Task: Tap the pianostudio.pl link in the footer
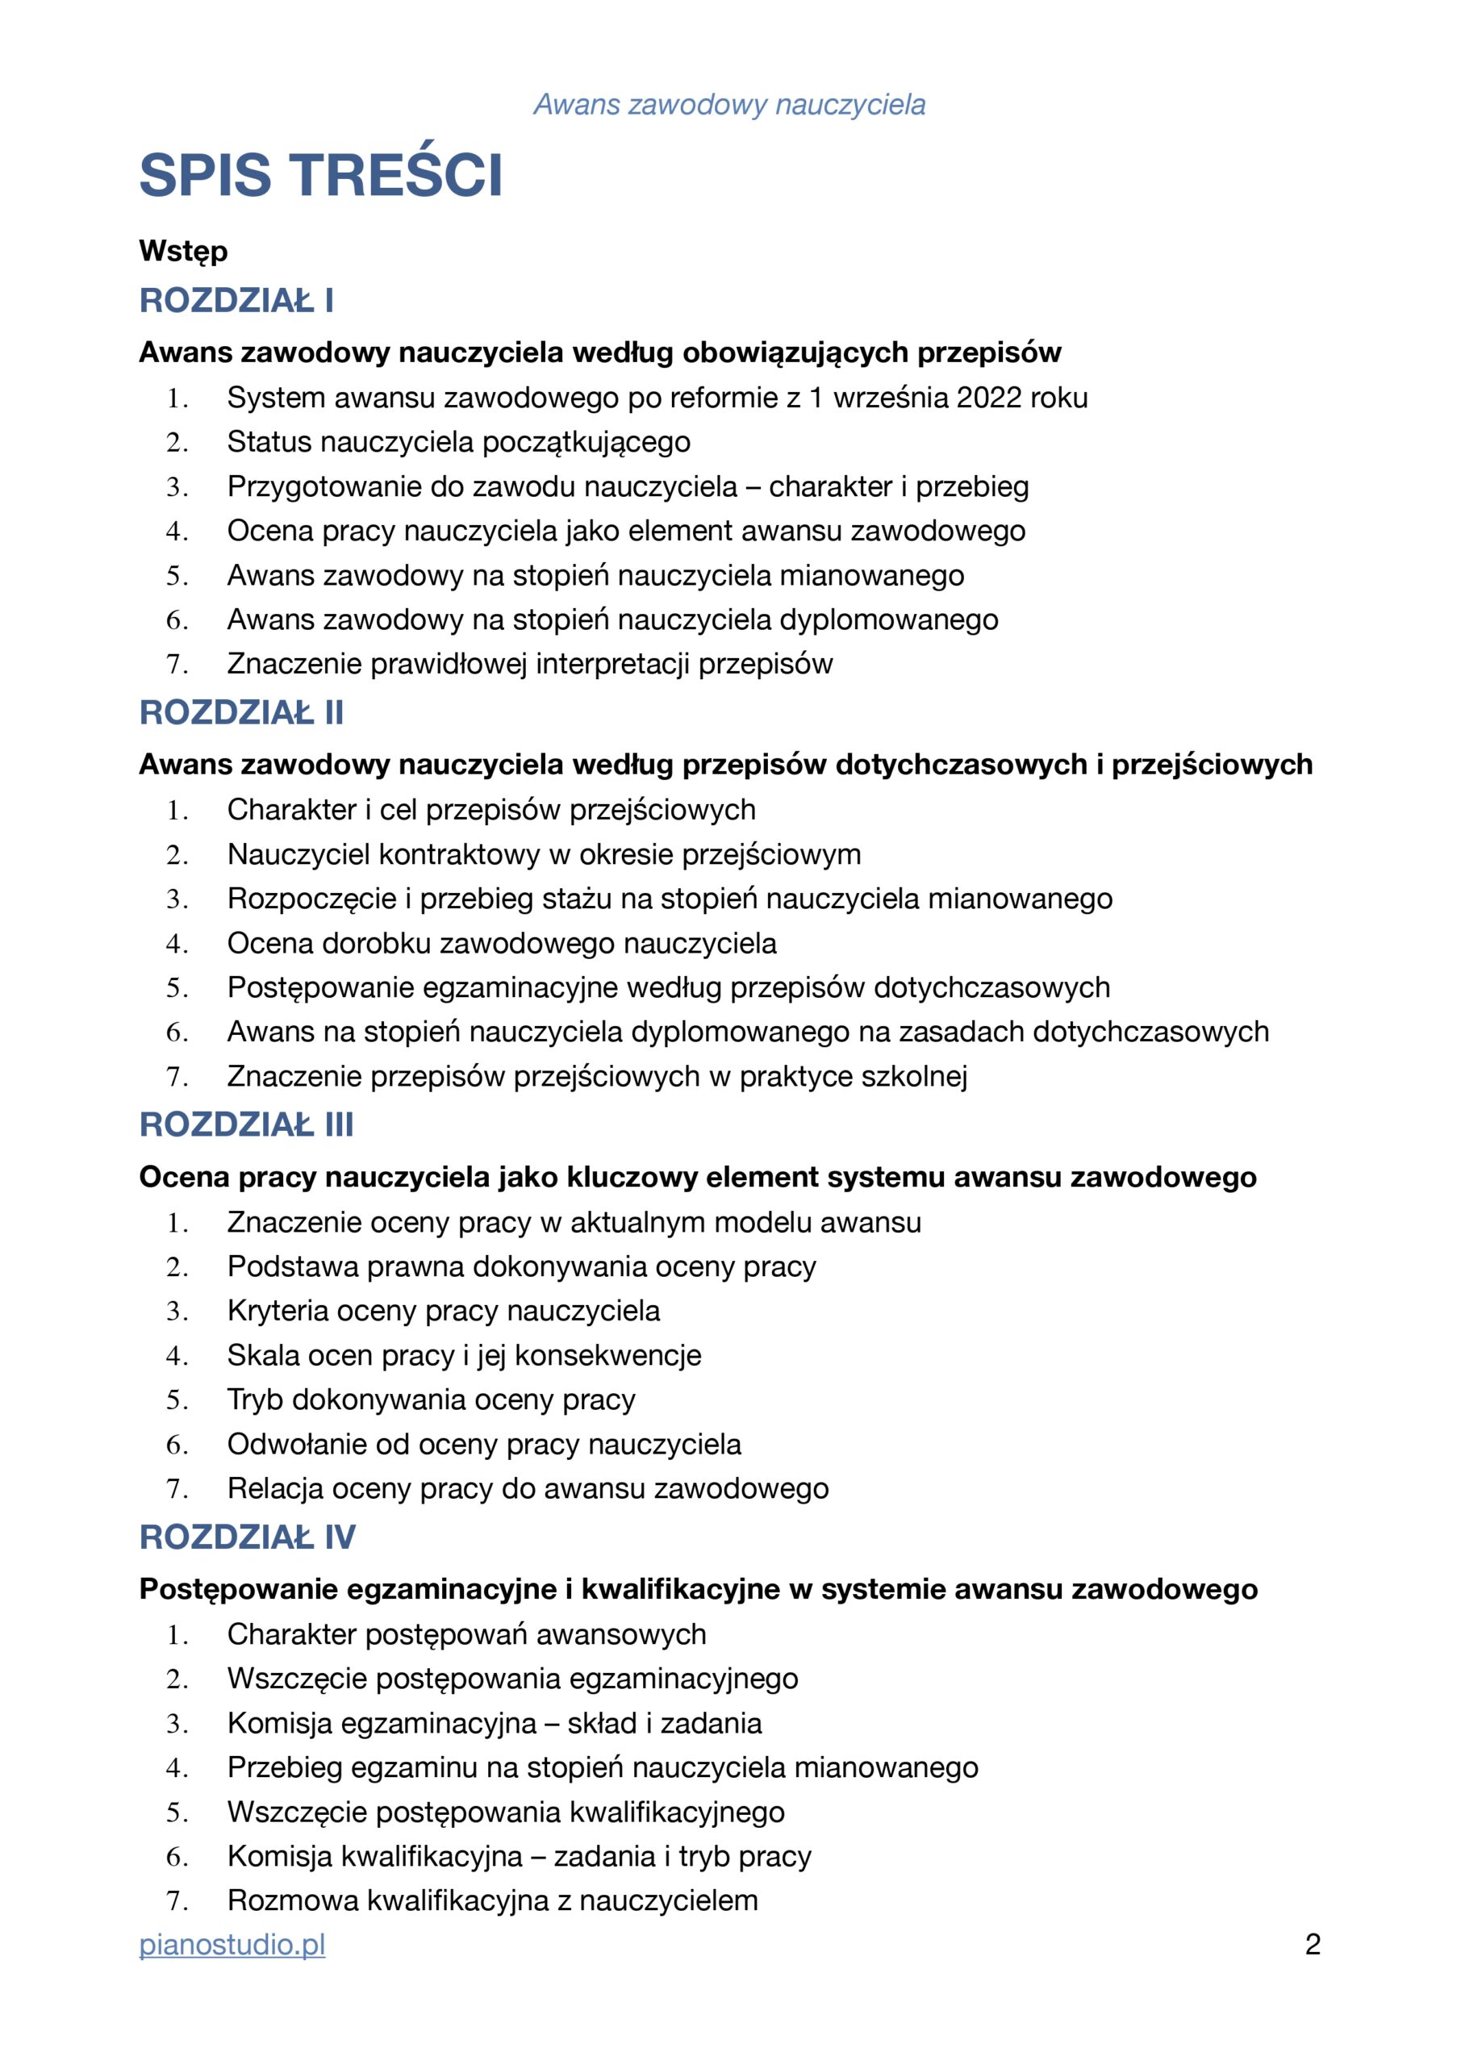[x=232, y=1945]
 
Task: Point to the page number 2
[x=1312, y=1945]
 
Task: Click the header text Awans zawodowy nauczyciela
[x=728, y=104]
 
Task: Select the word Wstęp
[x=182, y=251]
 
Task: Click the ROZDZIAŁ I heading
[x=236, y=300]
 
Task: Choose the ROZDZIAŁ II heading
[x=241, y=712]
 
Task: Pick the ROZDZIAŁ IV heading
[x=248, y=1537]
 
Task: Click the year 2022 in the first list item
[x=990, y=398]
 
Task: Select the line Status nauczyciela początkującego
[x=458, y=441]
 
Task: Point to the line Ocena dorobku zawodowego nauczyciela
[x=501, y=943]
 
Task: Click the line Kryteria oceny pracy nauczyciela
[x=443, y=1311]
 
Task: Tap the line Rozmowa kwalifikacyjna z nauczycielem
[x=492, y=1900]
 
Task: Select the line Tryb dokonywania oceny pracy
[x=431, y=1400]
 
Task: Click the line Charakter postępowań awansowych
[x=466, y=1634]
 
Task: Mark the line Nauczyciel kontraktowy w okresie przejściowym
[x=544, y=853]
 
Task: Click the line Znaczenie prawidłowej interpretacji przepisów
[x=529, y=664]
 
